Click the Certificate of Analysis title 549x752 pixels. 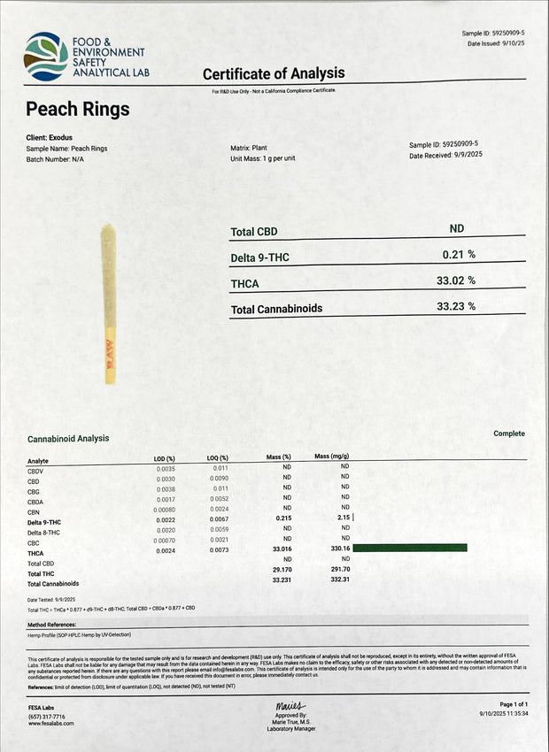point(274,73)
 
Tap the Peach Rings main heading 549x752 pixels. point(78,110)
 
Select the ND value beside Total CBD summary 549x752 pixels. point(457,229)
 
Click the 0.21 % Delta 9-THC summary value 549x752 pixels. point(459,255)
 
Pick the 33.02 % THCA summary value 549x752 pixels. point(456,280)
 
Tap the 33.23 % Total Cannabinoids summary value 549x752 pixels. point(456,307)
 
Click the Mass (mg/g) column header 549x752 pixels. point(332,457)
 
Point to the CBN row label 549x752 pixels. point(35,510)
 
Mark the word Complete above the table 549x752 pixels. point(509,434)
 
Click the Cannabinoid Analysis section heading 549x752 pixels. point(69,439)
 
